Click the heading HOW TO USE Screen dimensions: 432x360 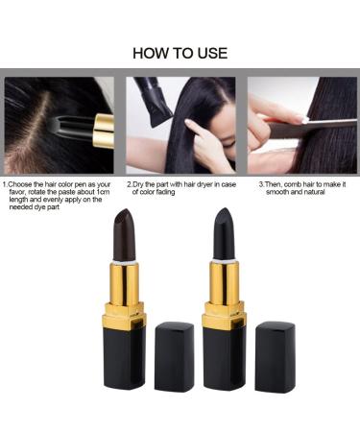tap(180, 52)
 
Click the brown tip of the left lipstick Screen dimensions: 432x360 tap(125, 233)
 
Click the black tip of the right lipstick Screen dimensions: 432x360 tap(222, 233)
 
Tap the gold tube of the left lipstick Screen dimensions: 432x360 tap(125, 283)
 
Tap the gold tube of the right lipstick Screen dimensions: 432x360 tap(223, 284)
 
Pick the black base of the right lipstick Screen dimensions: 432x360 tap(223, 355)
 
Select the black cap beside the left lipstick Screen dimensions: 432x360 tap(174, 355)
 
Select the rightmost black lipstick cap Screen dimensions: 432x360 tap(275, 355)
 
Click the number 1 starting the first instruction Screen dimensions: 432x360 tap(4, 183)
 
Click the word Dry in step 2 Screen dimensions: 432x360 tap(141, 183)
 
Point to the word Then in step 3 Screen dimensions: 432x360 tap(276, 183)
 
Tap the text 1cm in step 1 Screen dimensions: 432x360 tap(101, 192)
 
